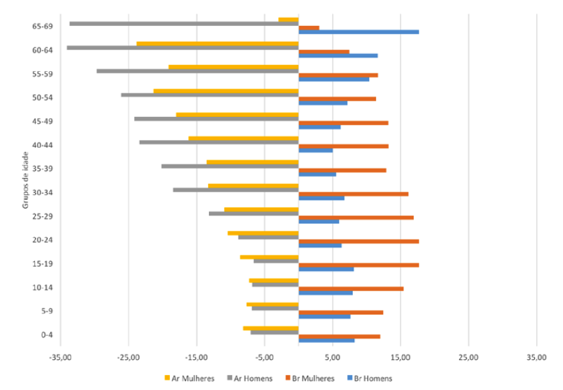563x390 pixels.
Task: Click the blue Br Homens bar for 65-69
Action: coord(358,32)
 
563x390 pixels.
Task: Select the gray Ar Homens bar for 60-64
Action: coord(182,48)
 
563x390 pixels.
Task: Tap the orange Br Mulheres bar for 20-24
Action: coord(358,241)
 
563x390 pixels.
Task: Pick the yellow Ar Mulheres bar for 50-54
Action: coord(226,90)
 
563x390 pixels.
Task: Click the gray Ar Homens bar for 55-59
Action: coord(197,71)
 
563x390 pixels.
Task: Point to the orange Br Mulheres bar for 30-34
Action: coord(353,194)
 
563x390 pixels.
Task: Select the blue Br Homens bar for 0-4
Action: coord(327,340)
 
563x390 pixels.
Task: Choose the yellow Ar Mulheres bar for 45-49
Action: coord(237,114)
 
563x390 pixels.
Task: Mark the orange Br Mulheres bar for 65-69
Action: coord(309,28)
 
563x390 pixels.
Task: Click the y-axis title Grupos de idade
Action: coord(25,181)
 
